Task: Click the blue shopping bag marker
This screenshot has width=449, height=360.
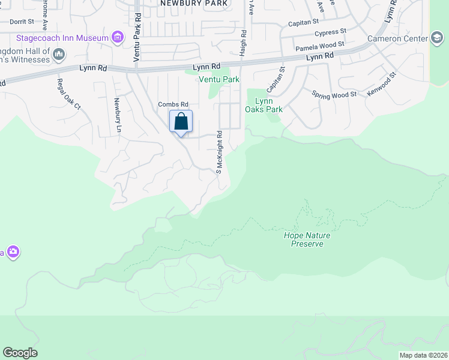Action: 181,122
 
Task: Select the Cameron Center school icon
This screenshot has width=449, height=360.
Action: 437,39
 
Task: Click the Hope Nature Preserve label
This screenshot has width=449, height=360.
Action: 307,239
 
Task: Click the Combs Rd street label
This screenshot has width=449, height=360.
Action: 173,104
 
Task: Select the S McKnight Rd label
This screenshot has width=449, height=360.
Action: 220,152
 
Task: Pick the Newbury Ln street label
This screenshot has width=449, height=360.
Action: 118,115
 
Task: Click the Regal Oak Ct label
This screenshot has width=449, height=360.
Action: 68,94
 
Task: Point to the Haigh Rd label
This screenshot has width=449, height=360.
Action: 243,43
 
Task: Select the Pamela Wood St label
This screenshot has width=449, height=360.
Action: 319,45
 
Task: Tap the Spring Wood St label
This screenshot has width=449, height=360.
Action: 334,94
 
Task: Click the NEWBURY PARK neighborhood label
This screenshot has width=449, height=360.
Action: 194,4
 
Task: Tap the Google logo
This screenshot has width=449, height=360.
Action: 20,353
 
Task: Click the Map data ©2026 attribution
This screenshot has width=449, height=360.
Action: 423,355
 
